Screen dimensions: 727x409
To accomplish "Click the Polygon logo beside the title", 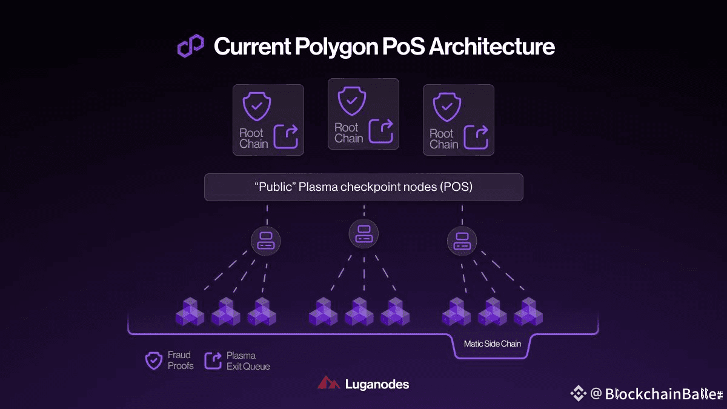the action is point(190,46).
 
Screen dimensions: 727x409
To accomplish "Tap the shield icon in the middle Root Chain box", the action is point(352,101).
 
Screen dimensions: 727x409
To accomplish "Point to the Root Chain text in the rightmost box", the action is point(443,139).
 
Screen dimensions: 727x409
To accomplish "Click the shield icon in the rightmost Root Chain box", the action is point(446,107).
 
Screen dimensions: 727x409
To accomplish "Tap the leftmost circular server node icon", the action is point(266,241).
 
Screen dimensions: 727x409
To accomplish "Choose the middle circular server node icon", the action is point(363,233).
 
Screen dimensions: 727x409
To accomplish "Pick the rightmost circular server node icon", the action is point(462,241).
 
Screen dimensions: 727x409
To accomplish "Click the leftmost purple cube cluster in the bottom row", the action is point(190,311).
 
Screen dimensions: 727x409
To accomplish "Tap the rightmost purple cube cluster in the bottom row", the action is point(528,311).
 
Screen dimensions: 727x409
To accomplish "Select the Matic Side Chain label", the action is point(493,344).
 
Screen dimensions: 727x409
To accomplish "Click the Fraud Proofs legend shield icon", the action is point(154,361).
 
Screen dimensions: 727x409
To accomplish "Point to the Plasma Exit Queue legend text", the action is point(248,361).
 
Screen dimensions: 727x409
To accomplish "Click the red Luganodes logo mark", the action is point(328,384).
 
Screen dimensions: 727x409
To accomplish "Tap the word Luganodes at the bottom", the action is point(377,384).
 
